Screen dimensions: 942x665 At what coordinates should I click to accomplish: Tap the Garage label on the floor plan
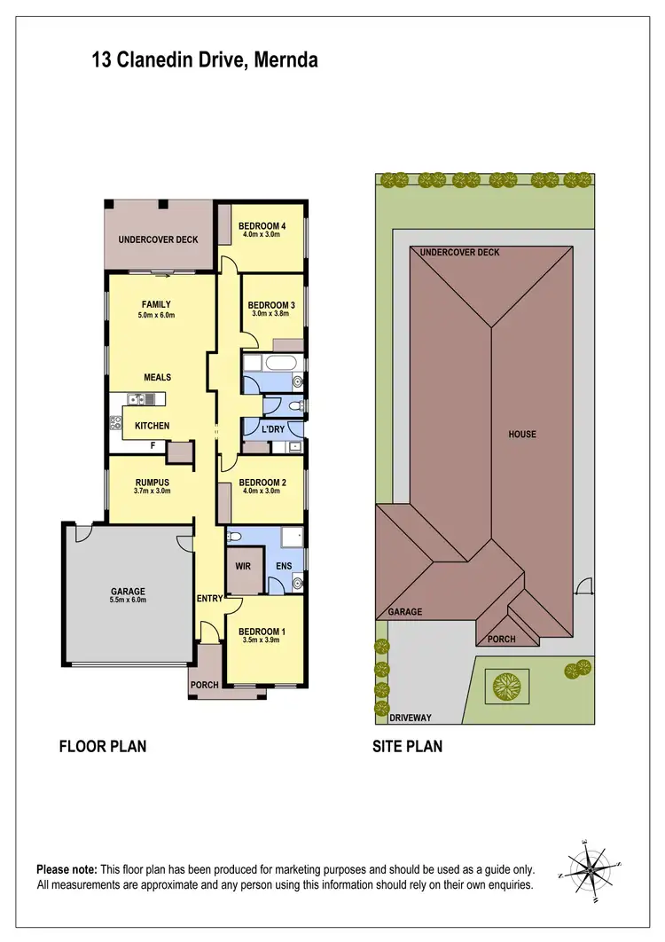click(128, 591)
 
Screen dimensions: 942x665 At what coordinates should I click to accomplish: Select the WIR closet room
click(242, 565)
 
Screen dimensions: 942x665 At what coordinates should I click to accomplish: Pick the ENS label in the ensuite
click(285, 565)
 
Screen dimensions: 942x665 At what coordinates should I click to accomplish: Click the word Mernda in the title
click(286, 60)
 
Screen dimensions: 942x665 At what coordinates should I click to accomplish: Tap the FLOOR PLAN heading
click(102, 746)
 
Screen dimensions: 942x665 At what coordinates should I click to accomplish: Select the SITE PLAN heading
click(407, 746)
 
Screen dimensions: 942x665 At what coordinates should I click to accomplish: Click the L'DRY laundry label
click(272, 429)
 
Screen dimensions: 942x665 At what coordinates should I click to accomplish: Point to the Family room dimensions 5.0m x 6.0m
click(157, 315)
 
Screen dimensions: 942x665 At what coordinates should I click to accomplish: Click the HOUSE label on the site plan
click(522, 435)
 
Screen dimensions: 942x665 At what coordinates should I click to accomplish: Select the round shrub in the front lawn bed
click(508, 685)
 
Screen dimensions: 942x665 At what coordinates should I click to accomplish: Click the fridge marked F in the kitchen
click(153, 445)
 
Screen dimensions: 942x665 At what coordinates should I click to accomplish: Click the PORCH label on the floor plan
click(205, 685)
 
